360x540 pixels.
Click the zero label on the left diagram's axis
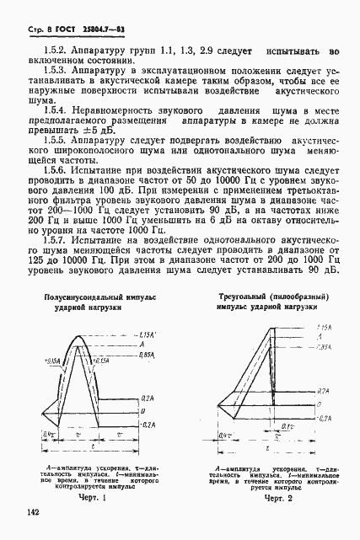143,411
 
